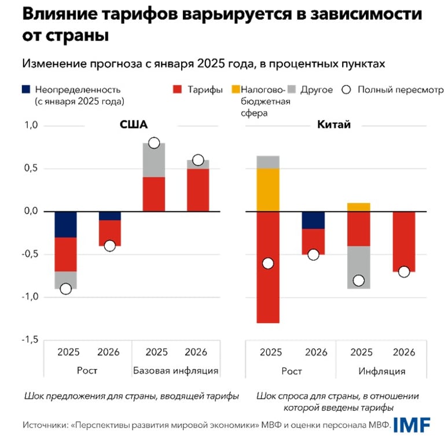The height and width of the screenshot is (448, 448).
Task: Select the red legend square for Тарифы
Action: click(178, 90)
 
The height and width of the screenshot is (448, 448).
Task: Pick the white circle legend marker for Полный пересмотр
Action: click(346, 90)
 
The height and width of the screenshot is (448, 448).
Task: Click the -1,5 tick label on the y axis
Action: click(30, 340)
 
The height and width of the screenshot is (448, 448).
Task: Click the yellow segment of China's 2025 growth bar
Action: click(269, 190)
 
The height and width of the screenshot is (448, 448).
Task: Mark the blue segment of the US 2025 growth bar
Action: click(65, 224)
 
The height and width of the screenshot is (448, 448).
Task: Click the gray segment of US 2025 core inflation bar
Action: click(153, 160)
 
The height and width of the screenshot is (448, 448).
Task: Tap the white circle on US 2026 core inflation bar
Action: click(198, 160)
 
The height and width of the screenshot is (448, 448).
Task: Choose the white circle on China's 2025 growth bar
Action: click(269, 263)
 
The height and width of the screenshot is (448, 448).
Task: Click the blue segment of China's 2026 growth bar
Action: click(313, 220)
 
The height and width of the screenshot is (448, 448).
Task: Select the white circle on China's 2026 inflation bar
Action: click(403, 272)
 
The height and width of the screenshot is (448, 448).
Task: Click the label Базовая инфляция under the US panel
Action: click(175, 370)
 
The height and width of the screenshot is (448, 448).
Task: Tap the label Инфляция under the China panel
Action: click(381, 370)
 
